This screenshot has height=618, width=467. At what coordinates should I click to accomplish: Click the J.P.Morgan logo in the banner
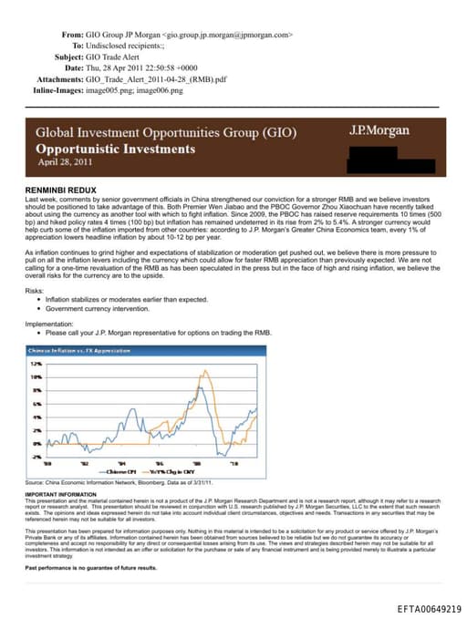tap(379, 131)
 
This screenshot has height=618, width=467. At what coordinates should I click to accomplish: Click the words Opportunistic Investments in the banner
tap(115, 148)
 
